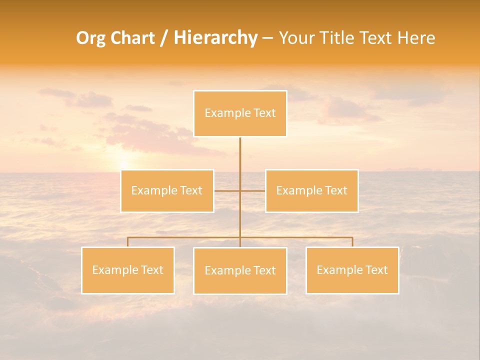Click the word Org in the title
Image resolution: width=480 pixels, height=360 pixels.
tap(91, 38)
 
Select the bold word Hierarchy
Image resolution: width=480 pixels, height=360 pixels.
tap(215, 38)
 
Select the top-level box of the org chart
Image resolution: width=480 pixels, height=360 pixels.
tap(240, 113)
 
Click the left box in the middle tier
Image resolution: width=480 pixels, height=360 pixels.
tap(167, 191)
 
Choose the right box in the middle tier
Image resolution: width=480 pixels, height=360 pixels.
tap(311, 191)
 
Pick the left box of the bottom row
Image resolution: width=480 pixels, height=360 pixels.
tap(127, 270)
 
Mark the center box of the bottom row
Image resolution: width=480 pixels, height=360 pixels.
tap(240, 271)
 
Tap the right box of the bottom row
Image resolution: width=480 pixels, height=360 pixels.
tap(352, 270)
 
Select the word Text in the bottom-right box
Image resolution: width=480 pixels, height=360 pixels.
tap(376, 270)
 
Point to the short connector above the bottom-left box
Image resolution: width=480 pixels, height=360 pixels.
tap(127, 242)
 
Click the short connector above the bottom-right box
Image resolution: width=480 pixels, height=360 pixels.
tap(352, 242)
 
